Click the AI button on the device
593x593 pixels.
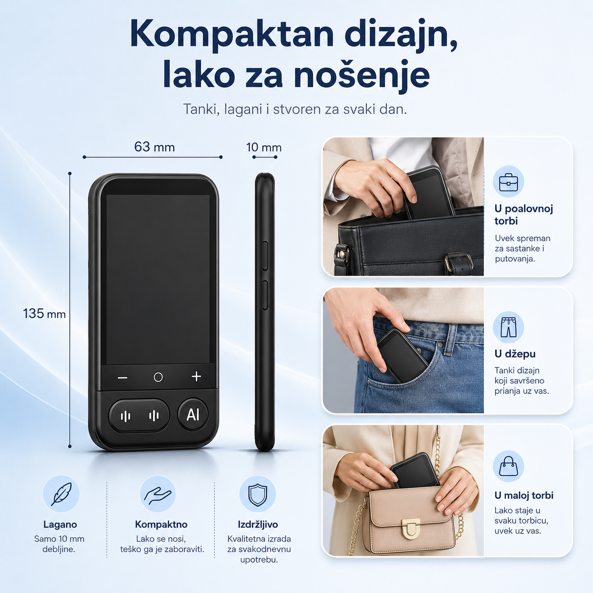[193, 415]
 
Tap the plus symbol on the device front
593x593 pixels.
[196, 377]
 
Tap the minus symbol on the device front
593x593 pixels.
[122, 377]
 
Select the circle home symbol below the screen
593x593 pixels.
[158, 377]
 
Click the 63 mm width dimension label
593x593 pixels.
[155, 147]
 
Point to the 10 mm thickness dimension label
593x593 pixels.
[264, 148]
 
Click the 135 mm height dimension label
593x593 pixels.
[44, 314]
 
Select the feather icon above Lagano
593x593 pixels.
[61, 494]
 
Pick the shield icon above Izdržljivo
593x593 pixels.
[258, 495]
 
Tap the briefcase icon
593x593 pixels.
[508, 182]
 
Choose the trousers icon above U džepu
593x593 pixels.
[508, 327]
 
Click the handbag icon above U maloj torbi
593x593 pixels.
[508, 466]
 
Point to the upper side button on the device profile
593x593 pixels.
[265, 256]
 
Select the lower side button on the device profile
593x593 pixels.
[265, 295]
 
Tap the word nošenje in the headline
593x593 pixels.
[362, 75]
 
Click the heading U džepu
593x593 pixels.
[515, 354]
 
